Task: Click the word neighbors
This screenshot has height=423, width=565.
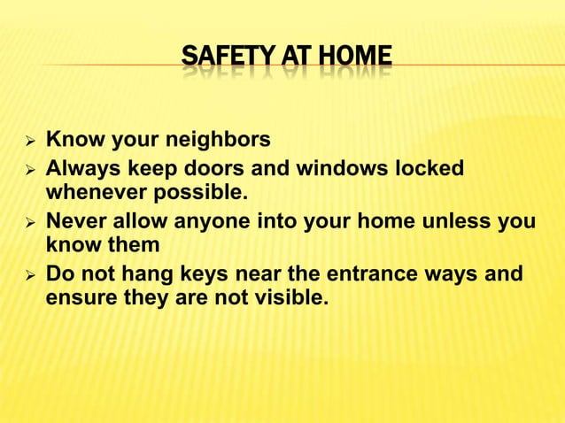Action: tap(215, 141)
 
